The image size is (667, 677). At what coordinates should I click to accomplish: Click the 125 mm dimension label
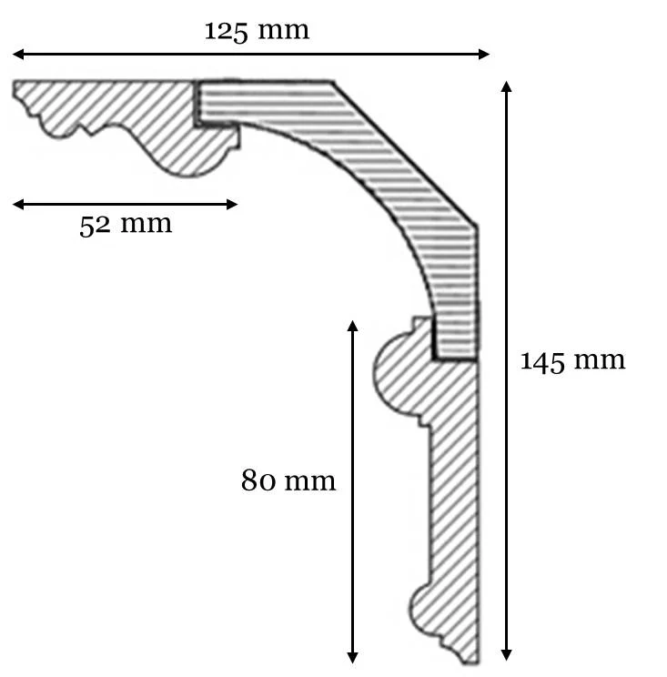257,31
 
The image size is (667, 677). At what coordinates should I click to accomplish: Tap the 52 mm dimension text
126,225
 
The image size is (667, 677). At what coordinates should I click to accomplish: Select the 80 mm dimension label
288,480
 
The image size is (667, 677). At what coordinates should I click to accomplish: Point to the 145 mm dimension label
572,360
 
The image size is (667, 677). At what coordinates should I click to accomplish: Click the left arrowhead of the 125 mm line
17,54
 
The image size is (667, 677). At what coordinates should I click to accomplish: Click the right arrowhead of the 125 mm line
484,54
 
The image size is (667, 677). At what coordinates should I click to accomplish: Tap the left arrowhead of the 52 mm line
17,204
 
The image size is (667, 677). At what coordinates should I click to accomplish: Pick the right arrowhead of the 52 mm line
232,204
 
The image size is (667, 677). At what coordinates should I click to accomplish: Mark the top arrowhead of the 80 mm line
352,326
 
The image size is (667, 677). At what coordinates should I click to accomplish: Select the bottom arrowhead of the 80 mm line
352,658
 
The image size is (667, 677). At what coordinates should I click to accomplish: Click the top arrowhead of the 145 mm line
507,86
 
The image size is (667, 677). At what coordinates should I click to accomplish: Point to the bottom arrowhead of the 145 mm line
507,655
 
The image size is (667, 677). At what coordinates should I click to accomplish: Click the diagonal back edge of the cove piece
405,153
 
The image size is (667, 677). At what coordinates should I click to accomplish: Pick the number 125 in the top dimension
226,32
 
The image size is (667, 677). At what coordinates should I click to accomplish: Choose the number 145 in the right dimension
542,361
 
